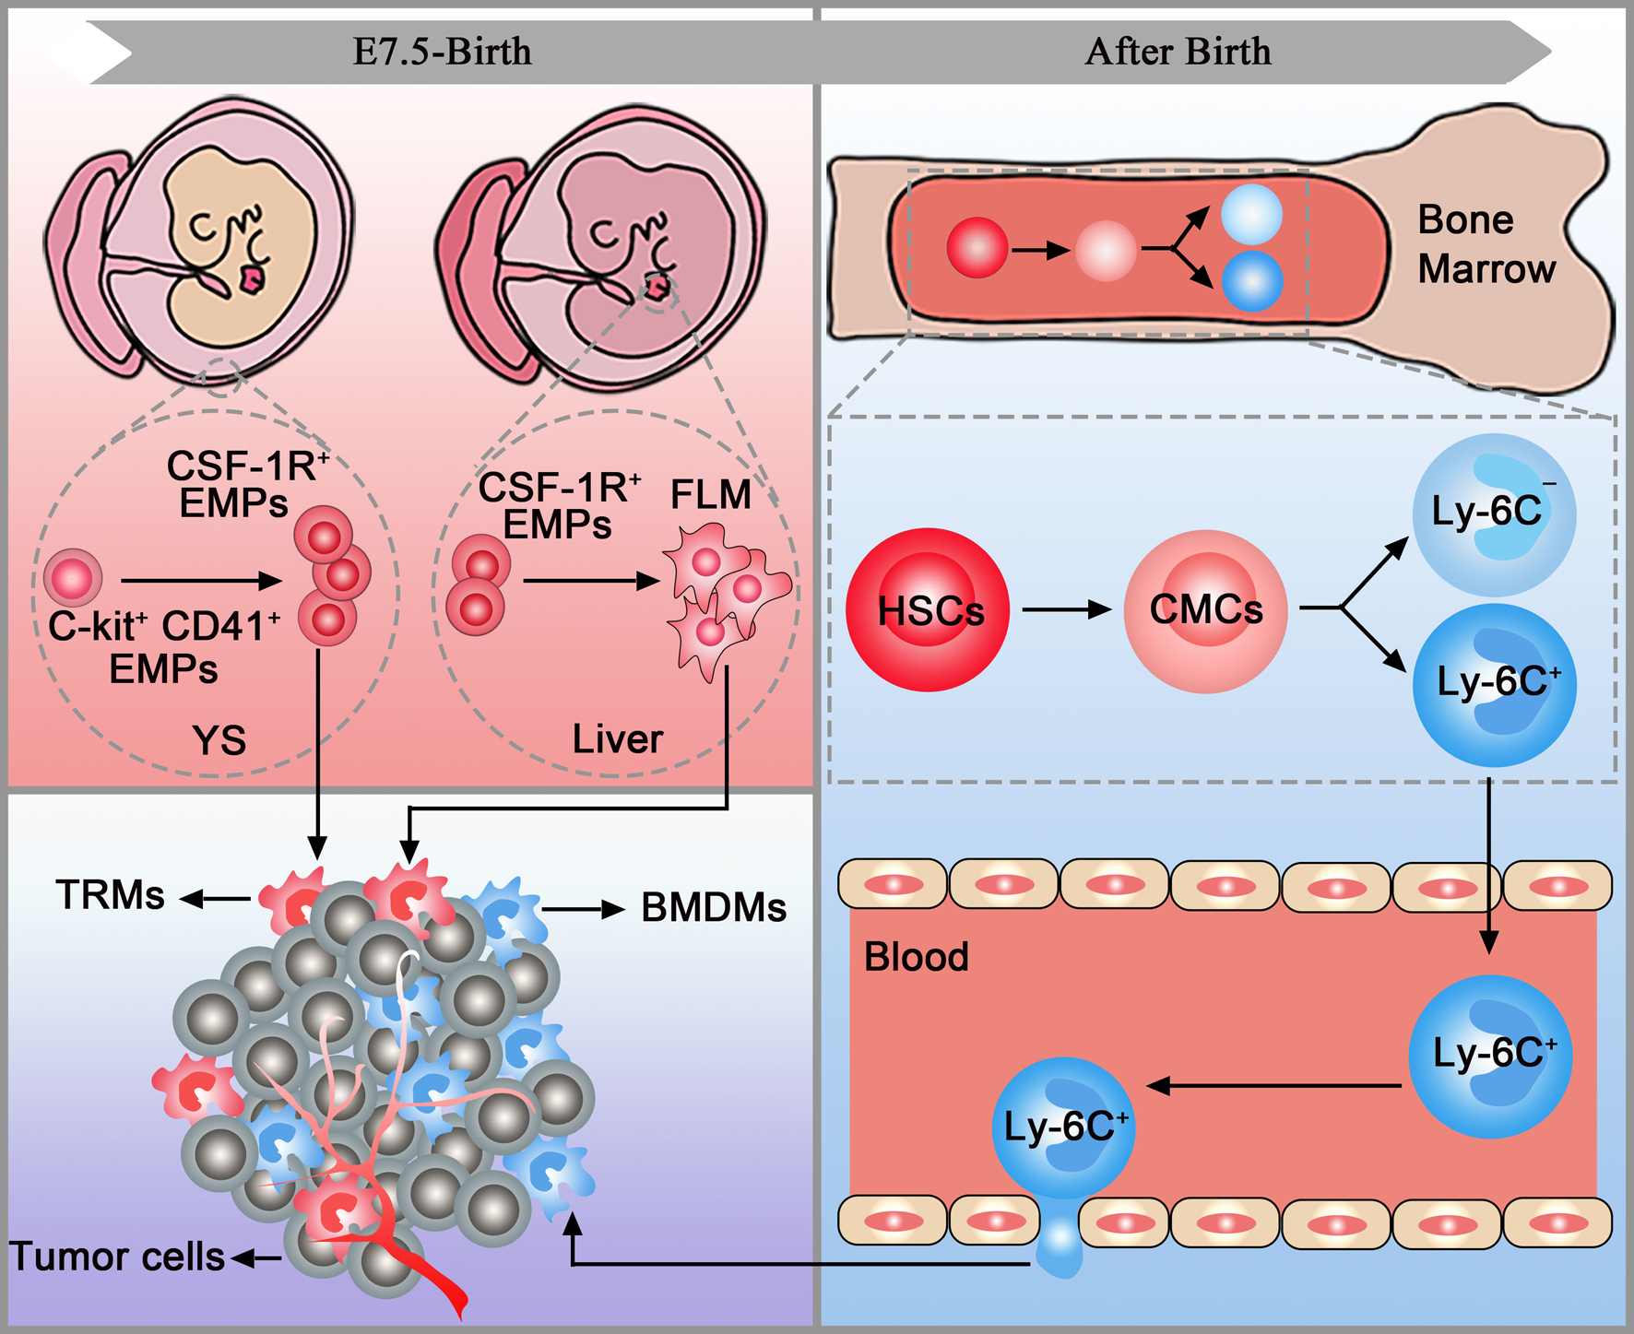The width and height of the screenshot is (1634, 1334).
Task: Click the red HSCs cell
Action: pos(928,609)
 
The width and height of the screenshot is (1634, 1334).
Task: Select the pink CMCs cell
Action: pos(1205,610)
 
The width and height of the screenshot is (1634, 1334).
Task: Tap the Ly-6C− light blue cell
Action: pos(1493,514)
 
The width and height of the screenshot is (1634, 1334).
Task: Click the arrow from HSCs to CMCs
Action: pos(1066,609)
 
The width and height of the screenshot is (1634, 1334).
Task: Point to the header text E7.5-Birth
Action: pos(443,52)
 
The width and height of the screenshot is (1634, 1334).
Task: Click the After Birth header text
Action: pos(1178,52)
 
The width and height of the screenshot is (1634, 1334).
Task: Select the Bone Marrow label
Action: pos(1485,244)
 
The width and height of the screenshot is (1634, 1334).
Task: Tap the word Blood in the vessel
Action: pos(916,957)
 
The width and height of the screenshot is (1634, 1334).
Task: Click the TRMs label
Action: pos(110,895)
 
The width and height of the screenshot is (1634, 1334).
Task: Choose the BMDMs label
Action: pos(714,908)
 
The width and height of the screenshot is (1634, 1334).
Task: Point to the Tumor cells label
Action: pos(117,1257)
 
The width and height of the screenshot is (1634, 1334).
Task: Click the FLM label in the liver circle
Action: pos(710,495)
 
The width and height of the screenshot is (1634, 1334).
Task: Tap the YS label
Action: pos(219,740)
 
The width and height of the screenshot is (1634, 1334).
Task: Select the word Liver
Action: pos(617,739)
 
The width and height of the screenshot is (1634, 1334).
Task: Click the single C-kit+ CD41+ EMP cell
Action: pos(73,578)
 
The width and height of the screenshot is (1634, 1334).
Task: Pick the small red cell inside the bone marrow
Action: pos(977,248)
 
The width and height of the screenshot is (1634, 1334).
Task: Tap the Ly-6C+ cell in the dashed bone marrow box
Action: pos(1494,684)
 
